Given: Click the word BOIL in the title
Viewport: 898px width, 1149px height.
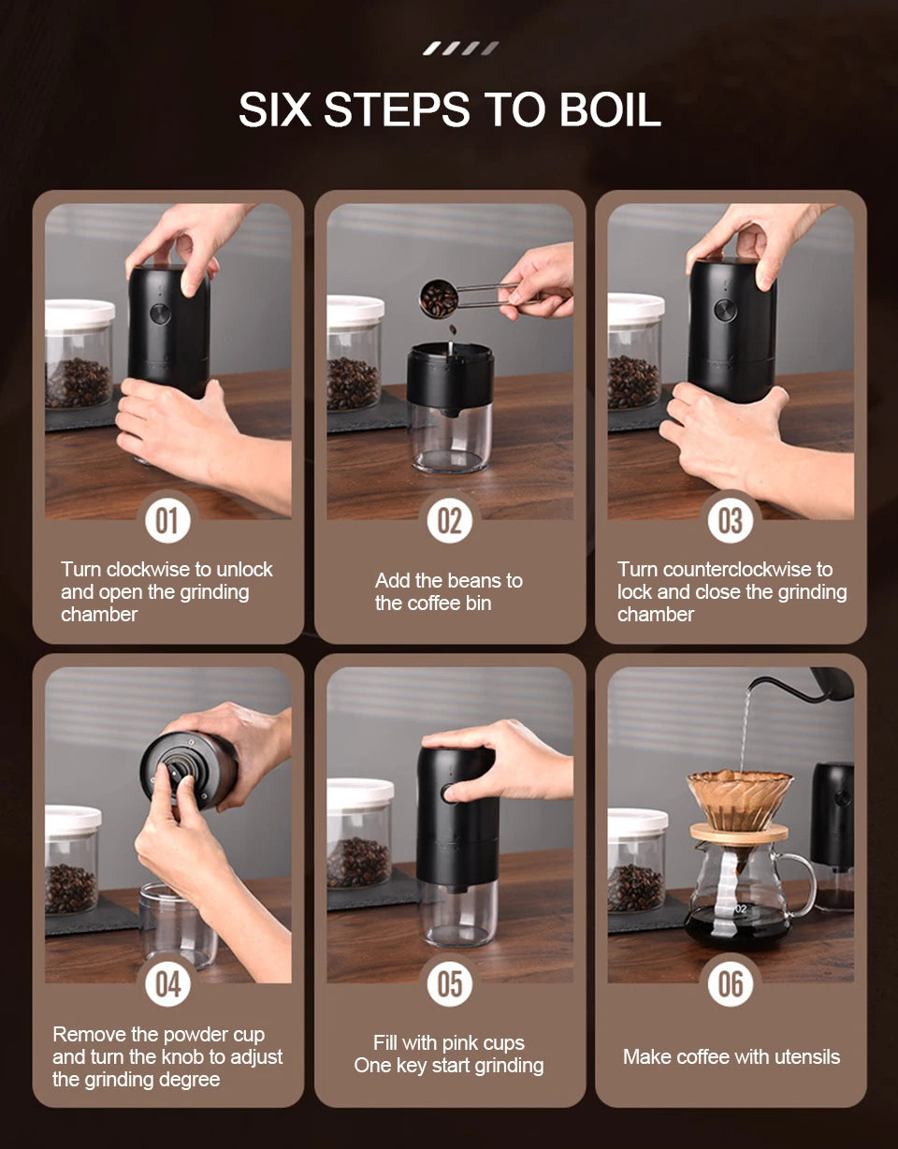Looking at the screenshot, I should tap(610, 109).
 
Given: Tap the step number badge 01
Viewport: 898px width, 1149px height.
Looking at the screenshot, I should tap(167, 520).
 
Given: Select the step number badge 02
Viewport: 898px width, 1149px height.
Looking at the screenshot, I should tap(449, 520).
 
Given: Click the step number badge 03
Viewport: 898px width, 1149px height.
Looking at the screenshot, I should tap(730, 520).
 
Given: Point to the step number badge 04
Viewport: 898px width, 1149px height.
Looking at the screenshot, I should tap(167, 983).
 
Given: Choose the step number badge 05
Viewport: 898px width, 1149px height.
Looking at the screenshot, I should tap(449, 983).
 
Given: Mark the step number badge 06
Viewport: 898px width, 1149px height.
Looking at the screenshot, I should tap(730, 983).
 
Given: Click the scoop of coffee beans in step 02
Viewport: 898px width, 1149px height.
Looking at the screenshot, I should tap(439, 299).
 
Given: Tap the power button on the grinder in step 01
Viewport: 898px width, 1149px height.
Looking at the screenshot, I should tap(160, 313).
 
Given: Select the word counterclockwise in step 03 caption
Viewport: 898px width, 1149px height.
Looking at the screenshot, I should tap(735, 569).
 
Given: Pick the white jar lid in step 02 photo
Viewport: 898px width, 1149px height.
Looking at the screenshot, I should tap(355, 310).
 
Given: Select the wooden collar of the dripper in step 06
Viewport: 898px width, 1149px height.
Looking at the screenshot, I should tap(739, 833).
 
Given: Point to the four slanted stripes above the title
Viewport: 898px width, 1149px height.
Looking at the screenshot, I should tap(460, 49).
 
